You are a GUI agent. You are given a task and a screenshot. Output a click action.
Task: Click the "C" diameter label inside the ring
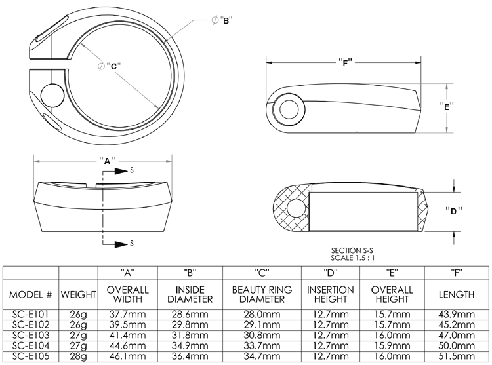[x=112, y=66]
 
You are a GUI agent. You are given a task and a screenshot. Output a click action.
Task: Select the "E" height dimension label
[x=447, y=107]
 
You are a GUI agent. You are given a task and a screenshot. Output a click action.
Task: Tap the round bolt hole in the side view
[x=287, y=109]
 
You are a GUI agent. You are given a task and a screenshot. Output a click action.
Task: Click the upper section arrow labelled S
[x=118, y=170]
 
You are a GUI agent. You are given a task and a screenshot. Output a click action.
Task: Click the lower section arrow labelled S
[x=118, y=244]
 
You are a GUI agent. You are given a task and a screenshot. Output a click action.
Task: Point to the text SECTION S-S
[x=356, y=251]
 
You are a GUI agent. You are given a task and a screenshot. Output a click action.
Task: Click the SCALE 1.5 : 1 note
[x=356, y=258]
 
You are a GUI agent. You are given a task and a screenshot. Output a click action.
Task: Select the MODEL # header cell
[x=31, y=294]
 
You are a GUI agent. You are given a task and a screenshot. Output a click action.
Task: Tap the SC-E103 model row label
[x=31, y=334]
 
